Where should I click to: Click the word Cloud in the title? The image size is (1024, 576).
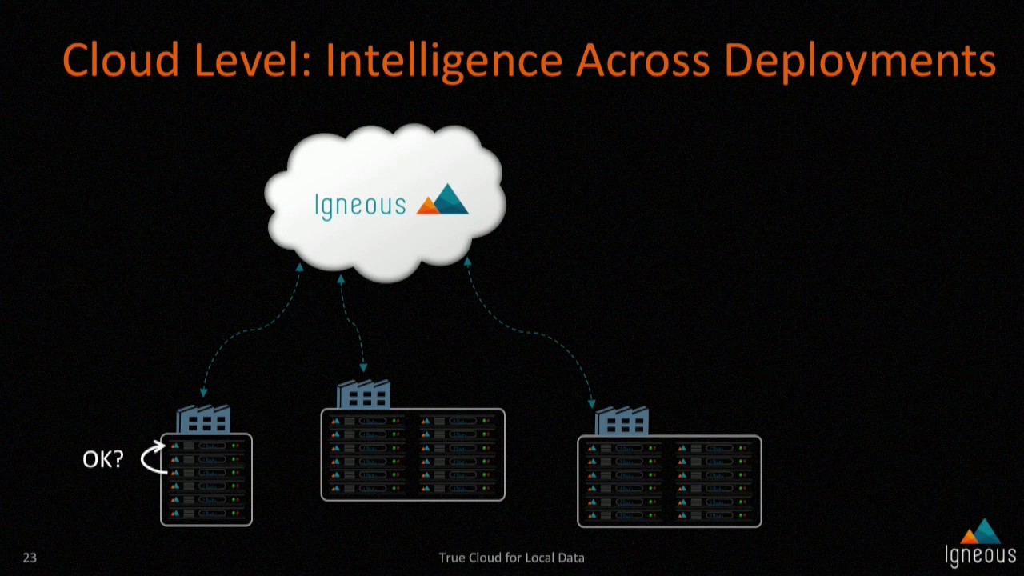point(119,61)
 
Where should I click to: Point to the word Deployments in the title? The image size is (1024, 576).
point(860,61)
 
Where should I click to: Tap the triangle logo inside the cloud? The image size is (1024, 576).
point(442,201)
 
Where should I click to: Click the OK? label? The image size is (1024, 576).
point(103,459)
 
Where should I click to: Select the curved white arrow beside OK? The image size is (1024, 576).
point(153,458)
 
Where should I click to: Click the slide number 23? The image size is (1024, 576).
point(30,558)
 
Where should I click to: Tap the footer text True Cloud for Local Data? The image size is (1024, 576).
point(511,558)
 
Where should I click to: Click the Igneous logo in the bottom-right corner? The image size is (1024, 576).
point(980,544)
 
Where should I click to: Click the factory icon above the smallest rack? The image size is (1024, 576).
point(203,420)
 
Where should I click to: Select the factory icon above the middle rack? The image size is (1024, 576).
point(364,395)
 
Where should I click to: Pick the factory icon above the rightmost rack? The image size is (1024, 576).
point(622,422)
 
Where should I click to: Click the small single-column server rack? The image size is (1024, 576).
point(206,480)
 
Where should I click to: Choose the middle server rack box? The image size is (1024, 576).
point(413,454)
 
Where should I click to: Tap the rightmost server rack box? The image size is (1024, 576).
point(670,482)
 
